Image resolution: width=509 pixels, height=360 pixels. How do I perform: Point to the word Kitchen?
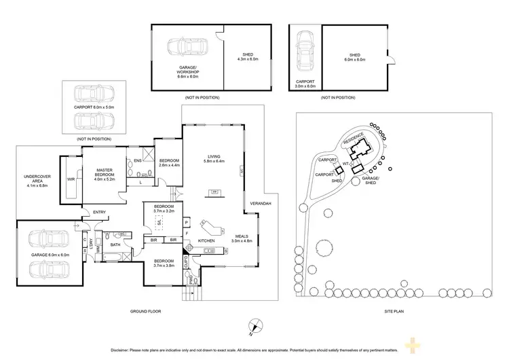point(206,240)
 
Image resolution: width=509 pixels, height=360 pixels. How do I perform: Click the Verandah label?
point(261,204)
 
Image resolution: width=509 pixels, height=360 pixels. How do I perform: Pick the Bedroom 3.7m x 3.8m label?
point(164,264)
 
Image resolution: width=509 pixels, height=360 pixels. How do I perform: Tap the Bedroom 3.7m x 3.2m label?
point(165,209)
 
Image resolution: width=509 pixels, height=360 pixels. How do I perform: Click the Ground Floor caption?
point(145,311)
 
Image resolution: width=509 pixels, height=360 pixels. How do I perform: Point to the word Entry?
point(100,212)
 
